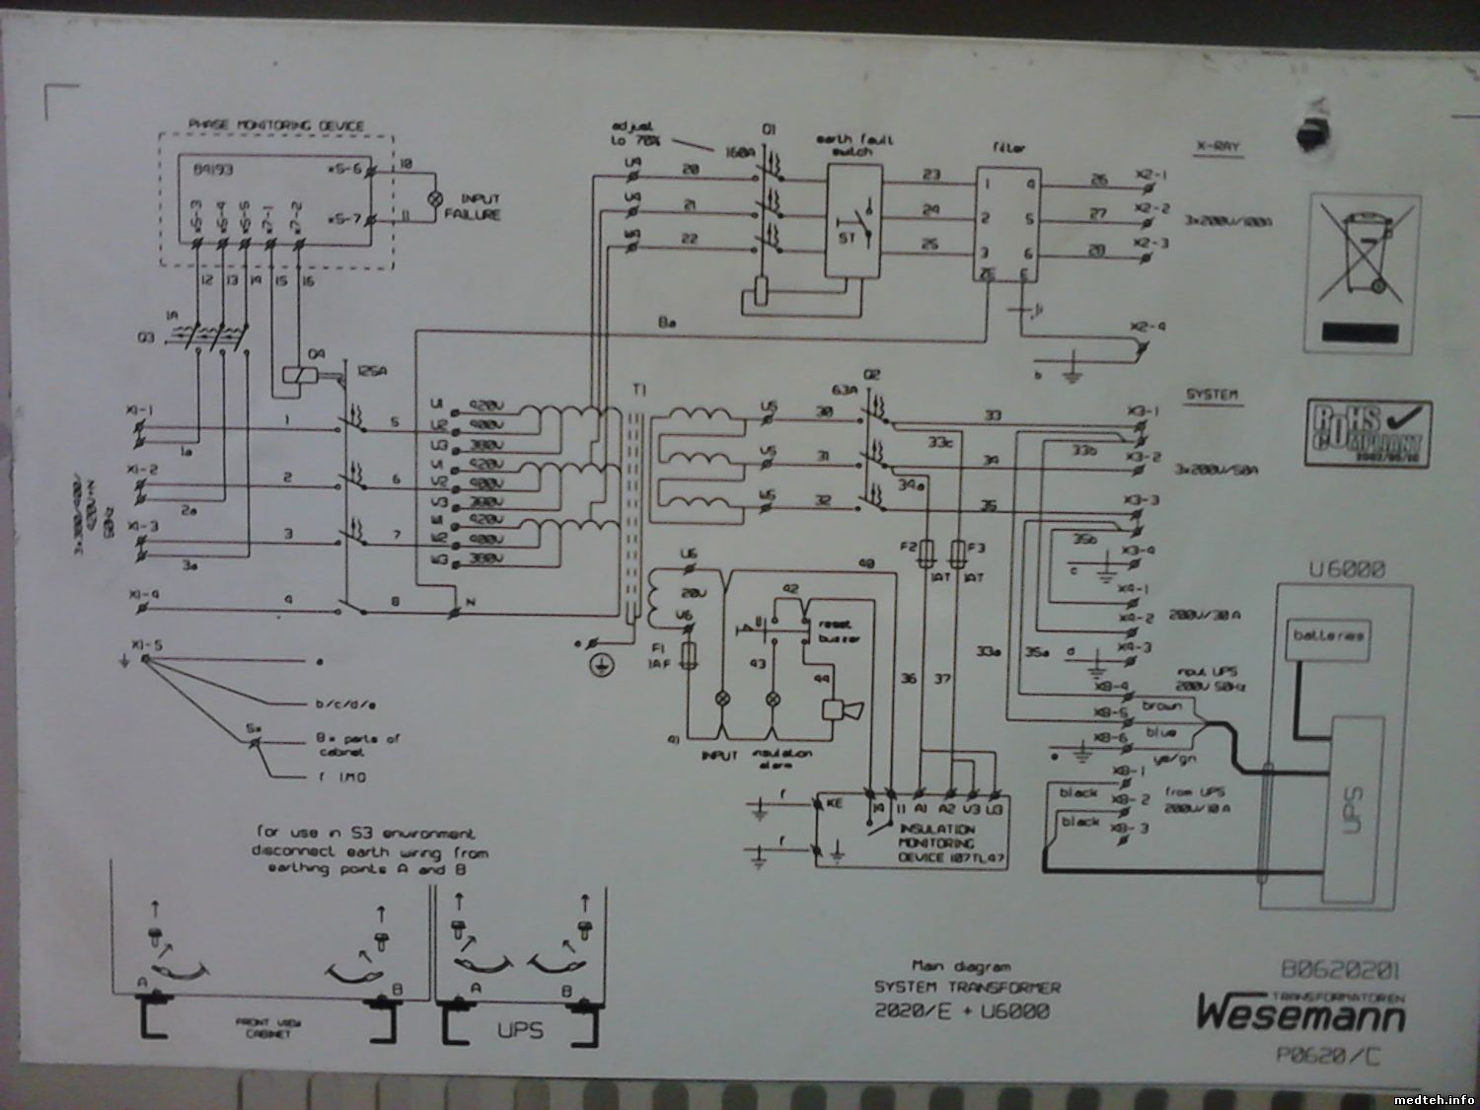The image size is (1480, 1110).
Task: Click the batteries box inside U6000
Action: click(1329, 636)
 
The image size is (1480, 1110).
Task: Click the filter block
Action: click(1008, 225)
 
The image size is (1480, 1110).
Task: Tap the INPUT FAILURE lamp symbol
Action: click(429, 198)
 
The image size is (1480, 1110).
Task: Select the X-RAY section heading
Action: click(1217, 147)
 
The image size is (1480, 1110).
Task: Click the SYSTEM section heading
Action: click(1213, 396)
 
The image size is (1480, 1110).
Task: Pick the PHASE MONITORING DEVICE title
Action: click(275, 126)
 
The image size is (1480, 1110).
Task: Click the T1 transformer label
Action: click(637, 391)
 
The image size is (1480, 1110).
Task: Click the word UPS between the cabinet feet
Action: click(519, 1031)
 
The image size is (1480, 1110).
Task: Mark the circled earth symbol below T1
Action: click(596, 667)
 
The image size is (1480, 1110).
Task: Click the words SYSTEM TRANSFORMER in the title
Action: click(967, 988)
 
